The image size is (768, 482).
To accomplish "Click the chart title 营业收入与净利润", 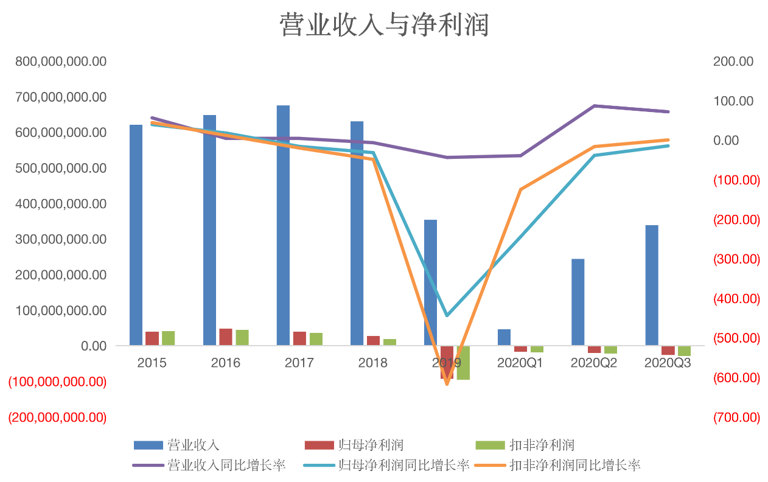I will coord(384,26).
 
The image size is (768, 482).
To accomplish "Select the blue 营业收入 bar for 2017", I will coord(283,225).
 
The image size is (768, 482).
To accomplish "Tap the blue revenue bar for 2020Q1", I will coord(504,337).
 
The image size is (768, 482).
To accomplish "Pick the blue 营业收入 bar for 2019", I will coord(430,282).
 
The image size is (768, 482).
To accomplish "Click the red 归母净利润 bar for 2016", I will coord(226,337).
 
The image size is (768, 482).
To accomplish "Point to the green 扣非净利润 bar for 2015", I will coord(168,338).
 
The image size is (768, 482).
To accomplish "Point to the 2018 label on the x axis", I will coord(372,363).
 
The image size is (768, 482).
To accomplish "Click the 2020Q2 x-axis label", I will coord(593,363).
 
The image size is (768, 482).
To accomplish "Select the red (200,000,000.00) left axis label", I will coord(57,417).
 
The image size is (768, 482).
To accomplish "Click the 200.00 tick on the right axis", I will coord(733,61).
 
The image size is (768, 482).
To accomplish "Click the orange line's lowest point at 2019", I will coord(447,383).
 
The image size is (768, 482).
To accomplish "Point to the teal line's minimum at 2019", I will coord(447,315).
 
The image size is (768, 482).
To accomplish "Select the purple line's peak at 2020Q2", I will coord(594,106).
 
